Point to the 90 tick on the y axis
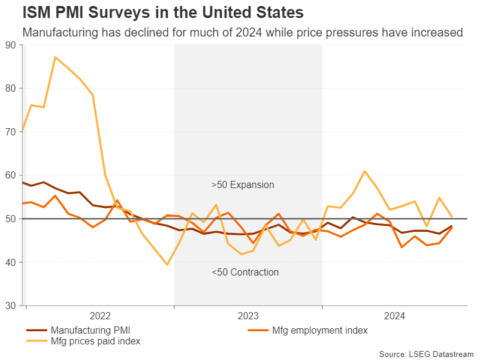[x=11, y=45]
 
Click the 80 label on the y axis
[x=11, y=88]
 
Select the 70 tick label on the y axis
[x=11, y=132]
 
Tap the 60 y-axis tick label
[x=11, y=176]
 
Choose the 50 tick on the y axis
[x=11, y=219]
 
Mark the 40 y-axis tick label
[x=11, y=262]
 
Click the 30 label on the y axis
[x=11, y=306]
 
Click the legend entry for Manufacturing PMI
[x=90, y=329]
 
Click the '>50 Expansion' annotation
[x=243, y=185]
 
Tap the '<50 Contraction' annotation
[x=245, y=273]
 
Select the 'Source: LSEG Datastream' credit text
[x=426, y=353]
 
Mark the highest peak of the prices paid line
[x=55, y=57]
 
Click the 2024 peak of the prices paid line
[x=365, y=171]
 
